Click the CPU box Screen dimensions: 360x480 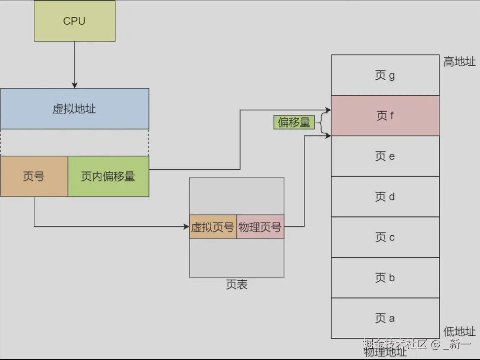74,21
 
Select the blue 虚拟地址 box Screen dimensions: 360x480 74,109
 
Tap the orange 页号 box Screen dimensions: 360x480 34,177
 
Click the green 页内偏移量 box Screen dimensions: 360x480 108,177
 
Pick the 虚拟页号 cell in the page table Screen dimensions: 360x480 213,226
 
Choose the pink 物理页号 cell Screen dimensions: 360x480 260,226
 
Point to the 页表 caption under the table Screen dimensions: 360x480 236,284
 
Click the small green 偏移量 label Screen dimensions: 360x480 294,122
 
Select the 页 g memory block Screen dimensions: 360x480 385,75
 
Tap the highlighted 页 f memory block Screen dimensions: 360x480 385,116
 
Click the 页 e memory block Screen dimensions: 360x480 385,156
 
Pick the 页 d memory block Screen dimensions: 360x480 385,197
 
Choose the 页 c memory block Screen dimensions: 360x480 385,237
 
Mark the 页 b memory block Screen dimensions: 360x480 385,278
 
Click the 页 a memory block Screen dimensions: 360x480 385,318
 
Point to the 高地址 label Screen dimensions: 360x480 459,62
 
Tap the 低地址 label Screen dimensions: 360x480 459,331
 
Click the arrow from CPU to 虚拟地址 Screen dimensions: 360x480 74,65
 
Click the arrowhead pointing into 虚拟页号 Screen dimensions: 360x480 187,226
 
